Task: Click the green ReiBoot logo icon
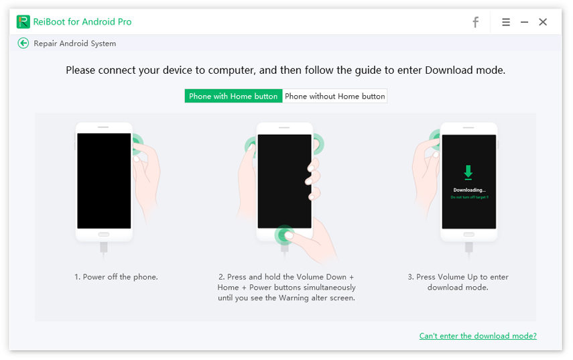click(23, 22)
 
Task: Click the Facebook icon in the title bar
click(475, 22)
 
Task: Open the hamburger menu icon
click(506, 22)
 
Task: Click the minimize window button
click(524, 22)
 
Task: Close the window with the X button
click(543, 22)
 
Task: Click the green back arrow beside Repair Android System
click(23, 43)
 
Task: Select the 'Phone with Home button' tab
click(233, 96)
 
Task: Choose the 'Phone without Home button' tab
click(334, 96)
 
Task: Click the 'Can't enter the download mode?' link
click(478, 336)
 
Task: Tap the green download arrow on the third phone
click(468, 173)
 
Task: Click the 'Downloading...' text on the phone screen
click(468, 190)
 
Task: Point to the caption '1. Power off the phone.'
click(116, 277)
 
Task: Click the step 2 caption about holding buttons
click(287, 287)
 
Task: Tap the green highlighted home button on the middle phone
click(285, 235)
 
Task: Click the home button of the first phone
click(104, 235)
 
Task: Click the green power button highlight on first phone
click(136, 142)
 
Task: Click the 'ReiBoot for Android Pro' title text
click(82, 22)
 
